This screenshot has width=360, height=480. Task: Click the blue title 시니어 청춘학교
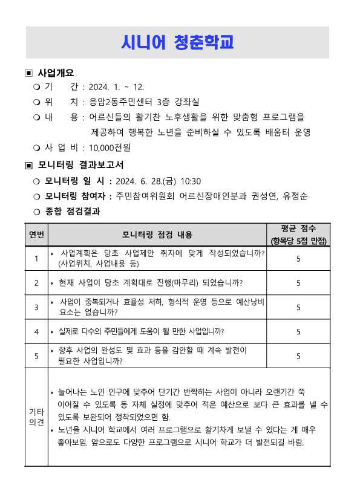[177, 43]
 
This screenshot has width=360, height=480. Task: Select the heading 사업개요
[56, 73]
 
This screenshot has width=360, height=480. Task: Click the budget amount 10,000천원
[110, 147]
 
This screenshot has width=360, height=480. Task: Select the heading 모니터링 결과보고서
[80, 164]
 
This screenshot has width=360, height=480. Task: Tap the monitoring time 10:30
[191, 181]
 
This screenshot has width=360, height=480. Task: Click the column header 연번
[36, 235]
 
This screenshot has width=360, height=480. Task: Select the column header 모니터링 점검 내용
[157, 235]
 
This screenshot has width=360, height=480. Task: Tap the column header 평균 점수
[298, 229]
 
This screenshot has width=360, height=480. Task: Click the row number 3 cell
[36, 307]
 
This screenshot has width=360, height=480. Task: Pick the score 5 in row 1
[298, 259]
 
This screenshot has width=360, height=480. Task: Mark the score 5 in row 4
[298, 331]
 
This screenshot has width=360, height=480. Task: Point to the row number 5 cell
[36, 356]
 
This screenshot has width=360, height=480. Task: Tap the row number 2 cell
[36, 282]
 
